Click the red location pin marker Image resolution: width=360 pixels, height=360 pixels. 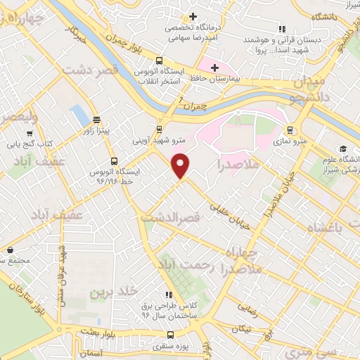click(x=181, y=165)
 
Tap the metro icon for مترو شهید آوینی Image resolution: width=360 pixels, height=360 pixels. click(x=159, y=129)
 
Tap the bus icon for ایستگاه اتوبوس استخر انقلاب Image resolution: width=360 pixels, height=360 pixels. click(x=159, y=60)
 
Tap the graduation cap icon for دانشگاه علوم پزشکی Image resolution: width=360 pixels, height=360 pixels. click(x=343, y=148)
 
